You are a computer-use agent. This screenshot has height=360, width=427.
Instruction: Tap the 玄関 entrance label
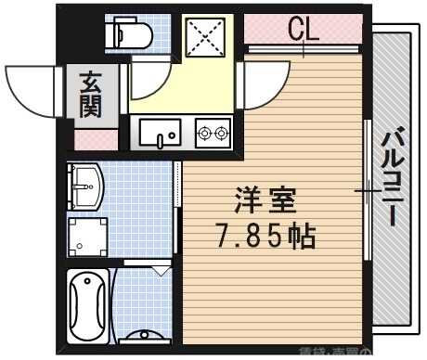[x=92, y=96]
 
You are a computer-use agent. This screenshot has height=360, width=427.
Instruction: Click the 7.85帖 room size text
[x=264, y=236]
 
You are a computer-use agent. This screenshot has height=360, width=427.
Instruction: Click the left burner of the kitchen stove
[x=205, y=134]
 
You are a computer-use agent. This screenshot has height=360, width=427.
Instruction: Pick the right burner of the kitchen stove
[x=223, y=134]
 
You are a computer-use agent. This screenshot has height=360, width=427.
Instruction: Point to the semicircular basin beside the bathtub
[x=144, y=336]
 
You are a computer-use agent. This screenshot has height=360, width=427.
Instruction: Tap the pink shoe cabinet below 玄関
[x=96, y=140]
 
